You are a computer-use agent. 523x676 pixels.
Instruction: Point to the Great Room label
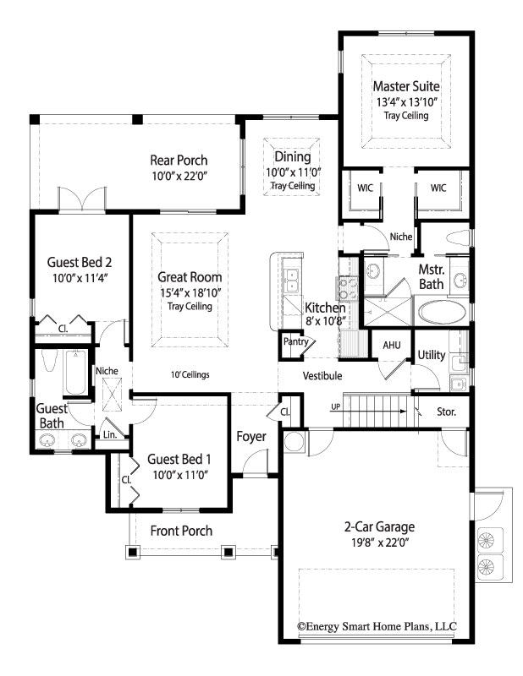tap(190, 276)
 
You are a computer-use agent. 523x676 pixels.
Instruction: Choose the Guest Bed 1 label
tap(179, 459)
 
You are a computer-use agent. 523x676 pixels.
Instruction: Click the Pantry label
tap(295, 342)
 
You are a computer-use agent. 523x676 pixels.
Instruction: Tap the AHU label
tap(392, 346)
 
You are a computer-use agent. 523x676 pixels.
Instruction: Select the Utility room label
tap(432, 355)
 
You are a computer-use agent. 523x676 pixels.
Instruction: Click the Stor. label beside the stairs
tap(447, 413)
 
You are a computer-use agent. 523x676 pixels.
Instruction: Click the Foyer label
tap(251, 437)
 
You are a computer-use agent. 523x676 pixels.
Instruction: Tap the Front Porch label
tap(181, 531)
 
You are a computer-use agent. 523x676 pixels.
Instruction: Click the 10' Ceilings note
tap(190, 374)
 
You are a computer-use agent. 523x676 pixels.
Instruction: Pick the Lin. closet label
tap(110, 434)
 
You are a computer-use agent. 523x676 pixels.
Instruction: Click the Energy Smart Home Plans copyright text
tap(377, 626)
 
